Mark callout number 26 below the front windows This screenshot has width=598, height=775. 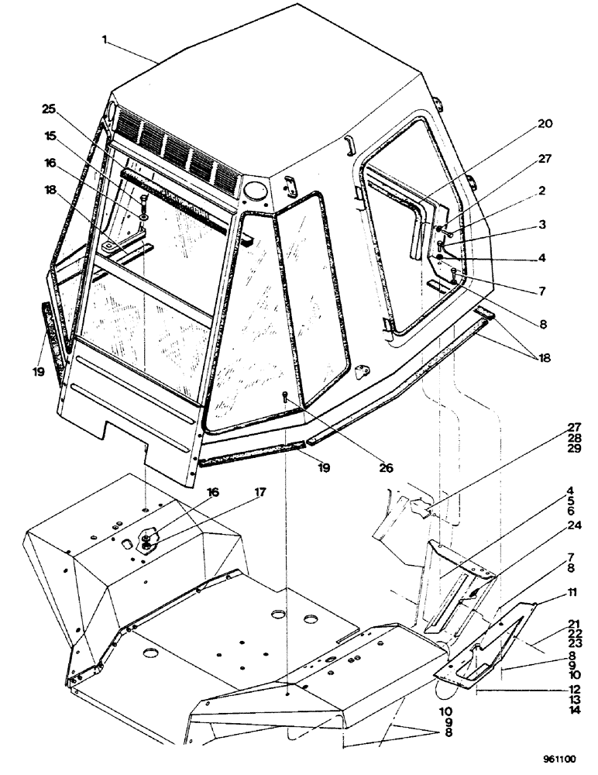pyautogui.click(x=385, y=468)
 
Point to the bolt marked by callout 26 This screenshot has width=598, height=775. pyautogui.click(x=285, y=398)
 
